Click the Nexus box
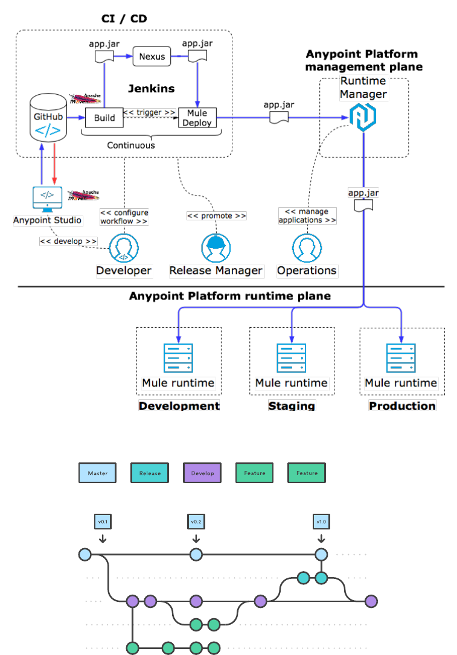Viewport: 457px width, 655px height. point(152,57)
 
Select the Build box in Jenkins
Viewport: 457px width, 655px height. point(104,118)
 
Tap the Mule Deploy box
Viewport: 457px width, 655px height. point(197,118)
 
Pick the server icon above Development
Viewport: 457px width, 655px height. point(178,358)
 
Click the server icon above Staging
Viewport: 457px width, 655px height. point(292,358)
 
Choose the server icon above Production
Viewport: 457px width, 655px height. point(401,358)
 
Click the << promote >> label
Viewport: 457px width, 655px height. point(217,216)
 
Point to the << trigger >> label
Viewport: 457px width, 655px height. point(150,112)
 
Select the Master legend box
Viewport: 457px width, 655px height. point(98,473)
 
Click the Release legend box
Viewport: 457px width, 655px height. point(150,473)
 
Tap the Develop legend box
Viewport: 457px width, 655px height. point(202,473)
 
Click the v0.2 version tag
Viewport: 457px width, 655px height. point(196,522)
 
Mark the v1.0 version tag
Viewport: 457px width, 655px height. point(321,522)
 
